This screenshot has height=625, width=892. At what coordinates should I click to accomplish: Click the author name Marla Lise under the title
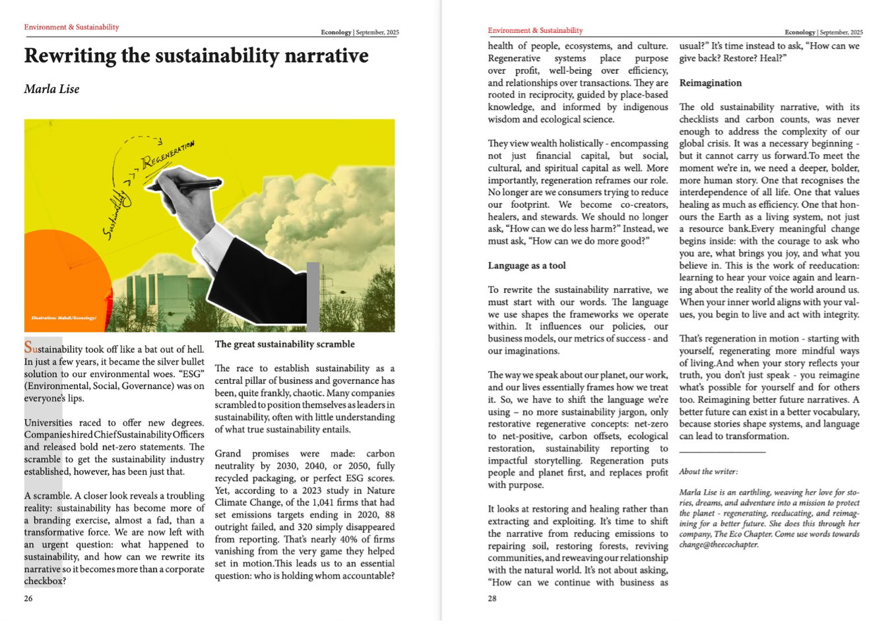51,89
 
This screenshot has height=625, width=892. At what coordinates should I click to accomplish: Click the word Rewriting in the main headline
69,55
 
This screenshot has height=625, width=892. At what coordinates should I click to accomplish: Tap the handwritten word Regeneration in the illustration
167,153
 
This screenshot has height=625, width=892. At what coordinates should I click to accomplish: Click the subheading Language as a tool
526,266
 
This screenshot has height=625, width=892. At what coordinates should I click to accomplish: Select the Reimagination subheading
711,83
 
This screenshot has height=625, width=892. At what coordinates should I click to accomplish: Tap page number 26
28,599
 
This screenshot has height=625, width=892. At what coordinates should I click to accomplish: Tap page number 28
492,599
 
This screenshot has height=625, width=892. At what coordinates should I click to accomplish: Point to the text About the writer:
708,471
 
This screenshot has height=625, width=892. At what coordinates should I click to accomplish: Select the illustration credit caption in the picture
63,318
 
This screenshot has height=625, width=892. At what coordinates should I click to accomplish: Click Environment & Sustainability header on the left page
71,27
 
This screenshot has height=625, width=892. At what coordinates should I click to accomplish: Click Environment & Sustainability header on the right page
535,30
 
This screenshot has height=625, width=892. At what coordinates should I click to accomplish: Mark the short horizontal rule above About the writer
722,452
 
